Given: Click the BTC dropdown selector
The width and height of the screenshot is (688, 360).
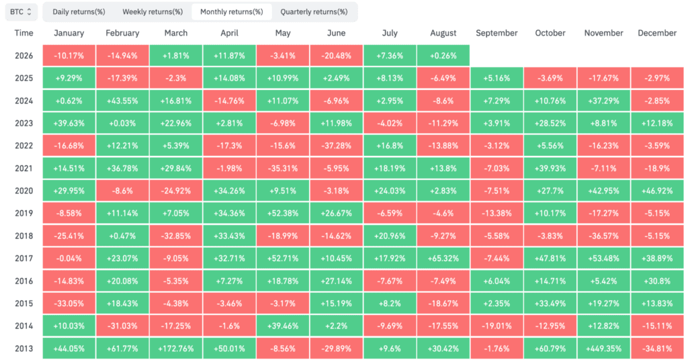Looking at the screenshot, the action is click(21, 12).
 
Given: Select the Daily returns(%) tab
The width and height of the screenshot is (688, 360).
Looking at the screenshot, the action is click(79, 12).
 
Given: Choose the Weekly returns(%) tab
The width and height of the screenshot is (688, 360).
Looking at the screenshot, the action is click(153, 12).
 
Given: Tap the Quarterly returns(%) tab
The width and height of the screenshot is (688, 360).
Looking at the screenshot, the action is click(314, 12).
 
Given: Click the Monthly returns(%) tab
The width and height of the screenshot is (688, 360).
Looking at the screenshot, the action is click(232, 12).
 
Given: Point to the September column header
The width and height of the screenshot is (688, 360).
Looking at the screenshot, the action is click(497, 33).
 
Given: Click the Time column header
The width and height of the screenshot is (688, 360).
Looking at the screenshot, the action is click(24, 33).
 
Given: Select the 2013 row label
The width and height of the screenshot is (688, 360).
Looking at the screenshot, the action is click(24, 349).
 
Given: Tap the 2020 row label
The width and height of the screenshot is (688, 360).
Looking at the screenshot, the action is click(24, 191).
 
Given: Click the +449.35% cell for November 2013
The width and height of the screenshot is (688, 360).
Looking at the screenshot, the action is click(604, 349).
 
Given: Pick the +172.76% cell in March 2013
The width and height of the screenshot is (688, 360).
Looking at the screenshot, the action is click(176, 349).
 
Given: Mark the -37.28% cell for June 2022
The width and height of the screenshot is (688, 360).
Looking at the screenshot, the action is click(337, 146).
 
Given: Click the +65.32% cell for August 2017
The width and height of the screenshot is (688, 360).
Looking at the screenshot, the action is click(443, 259).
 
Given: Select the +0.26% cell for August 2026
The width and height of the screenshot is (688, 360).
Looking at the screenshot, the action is click(443, 56).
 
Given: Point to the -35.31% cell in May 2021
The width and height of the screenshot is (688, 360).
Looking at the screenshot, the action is click(283, 169).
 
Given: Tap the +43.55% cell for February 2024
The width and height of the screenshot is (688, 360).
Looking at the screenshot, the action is click(122, 101).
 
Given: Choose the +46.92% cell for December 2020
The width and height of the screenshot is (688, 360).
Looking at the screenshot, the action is click(657, 191).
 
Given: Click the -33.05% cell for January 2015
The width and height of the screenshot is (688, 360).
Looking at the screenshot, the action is click(69, 304).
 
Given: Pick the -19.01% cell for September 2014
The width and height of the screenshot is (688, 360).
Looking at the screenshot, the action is click(497, 326).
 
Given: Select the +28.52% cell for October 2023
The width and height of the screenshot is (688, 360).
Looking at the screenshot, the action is click(550, 123).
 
